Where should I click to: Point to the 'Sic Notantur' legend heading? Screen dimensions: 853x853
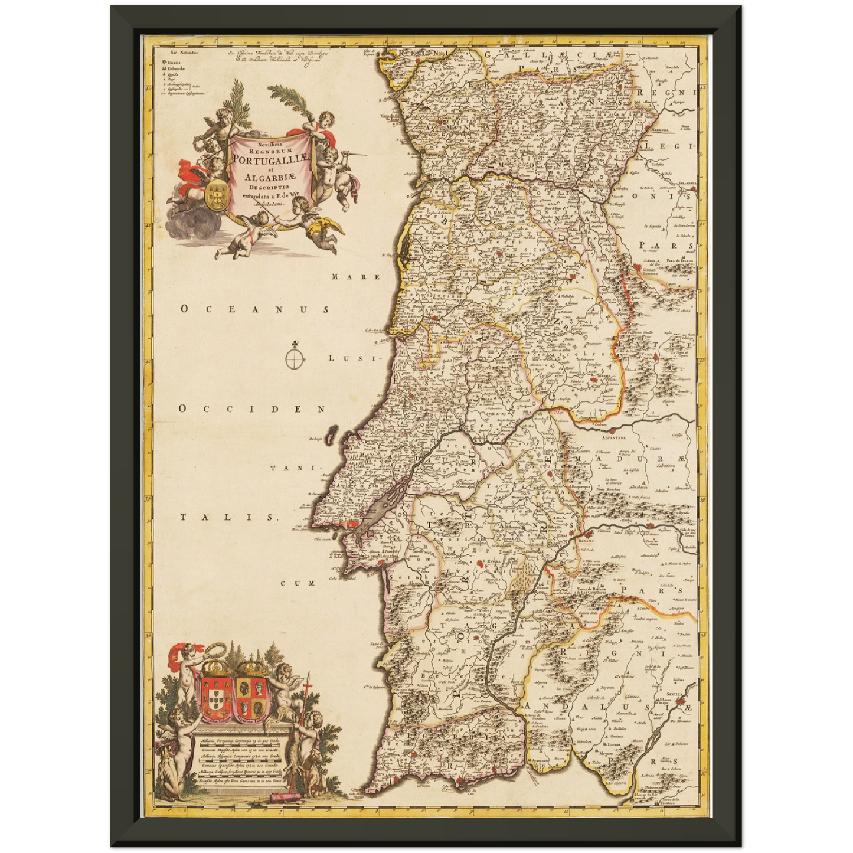click(x=166, y=53)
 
